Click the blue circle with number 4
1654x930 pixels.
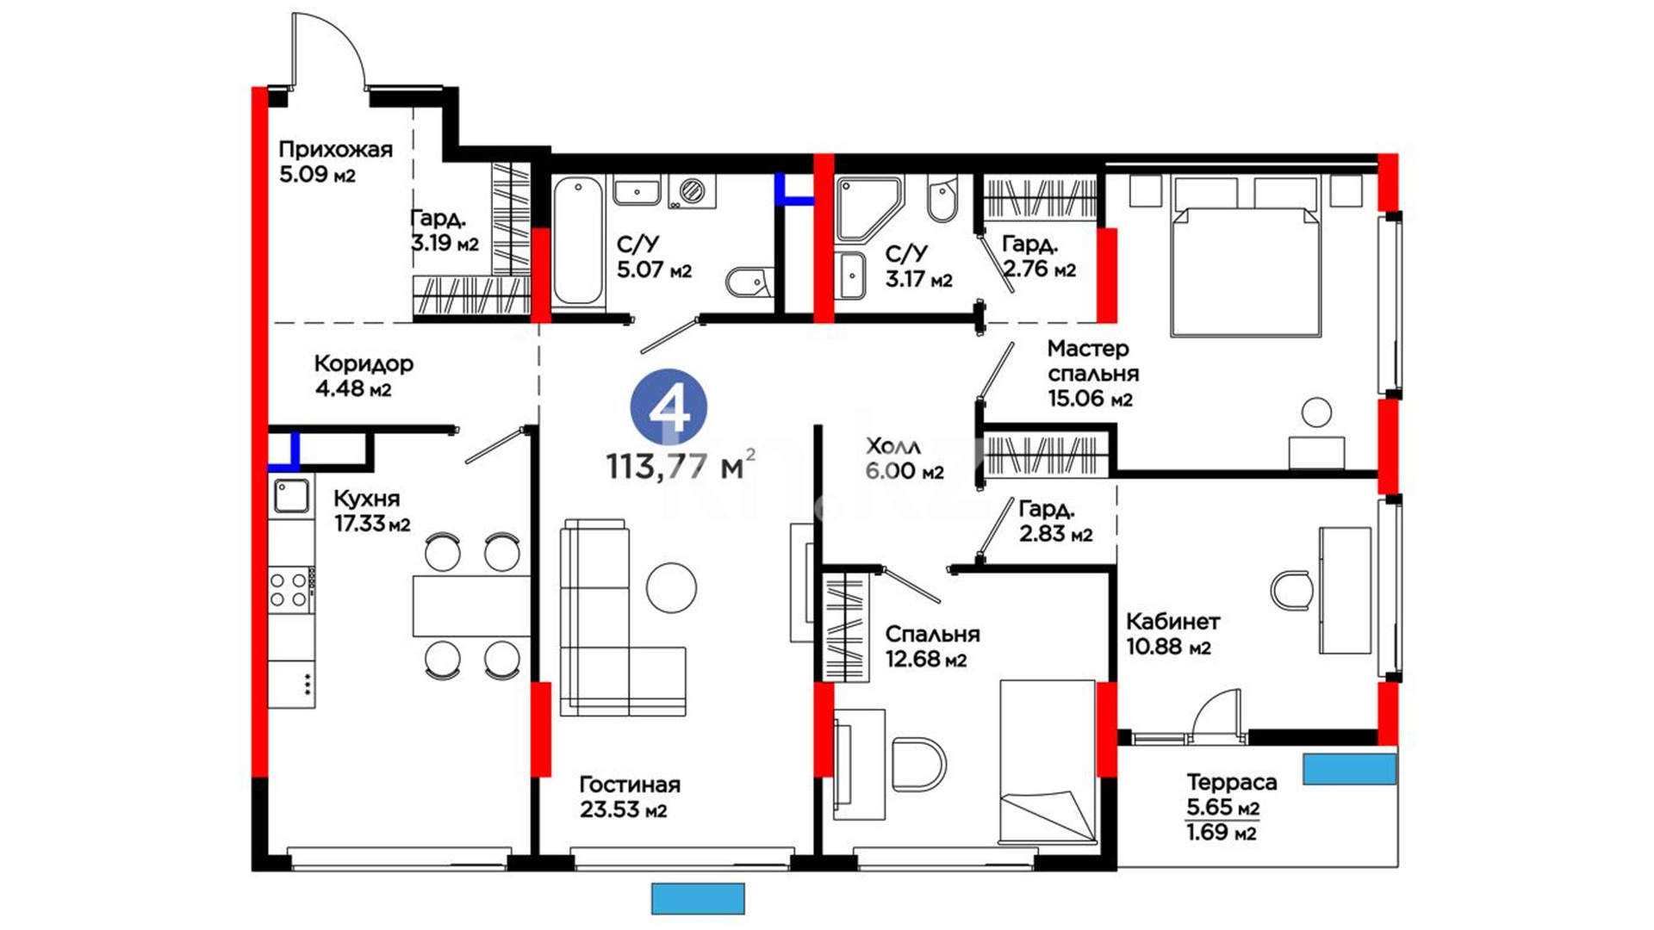coord(668,408)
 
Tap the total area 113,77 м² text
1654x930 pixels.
coord(681,466)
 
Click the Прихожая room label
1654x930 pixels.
coord(335,150)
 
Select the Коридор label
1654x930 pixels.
coord(364,363)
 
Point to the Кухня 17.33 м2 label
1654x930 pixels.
coord(372,511)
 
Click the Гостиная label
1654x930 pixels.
coord(630,784)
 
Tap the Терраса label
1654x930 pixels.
coord(1232,783)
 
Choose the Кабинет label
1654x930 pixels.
coord(1173,622)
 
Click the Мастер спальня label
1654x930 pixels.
coord(1093,361)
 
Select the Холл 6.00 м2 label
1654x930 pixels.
coord(905,458)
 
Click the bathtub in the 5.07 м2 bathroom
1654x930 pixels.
coord(577,240)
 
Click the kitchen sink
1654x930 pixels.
coord(291,496)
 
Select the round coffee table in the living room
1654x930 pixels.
coord(671,587)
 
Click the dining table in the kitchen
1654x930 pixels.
coord(471,606)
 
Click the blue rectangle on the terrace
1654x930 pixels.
coord(1349,769)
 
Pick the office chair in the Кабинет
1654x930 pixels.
coord(1292,591)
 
